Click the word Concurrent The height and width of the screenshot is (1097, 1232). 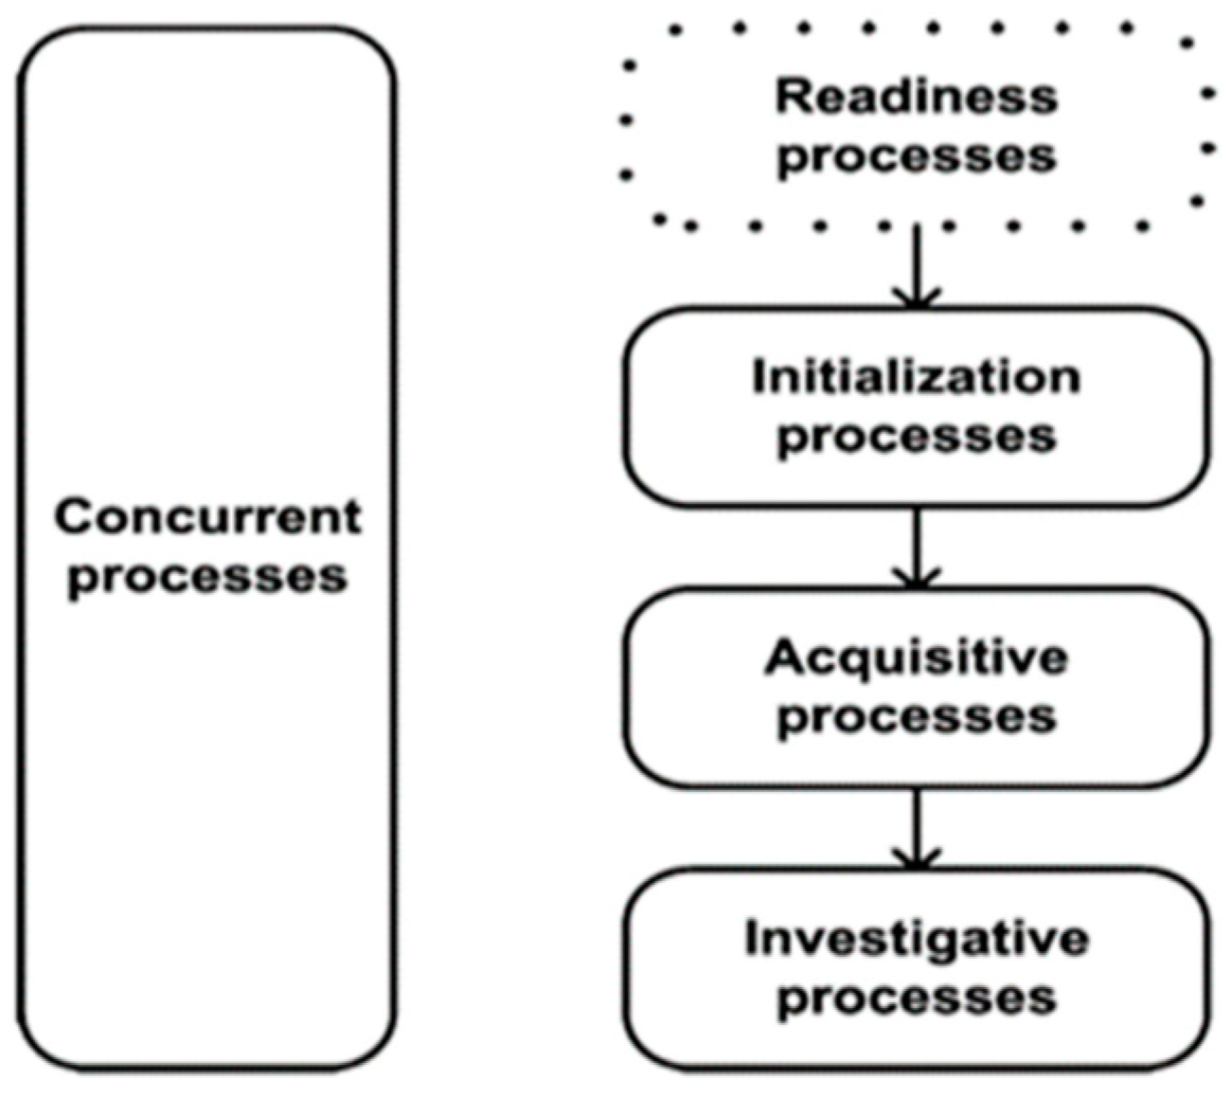[x=207, y=517]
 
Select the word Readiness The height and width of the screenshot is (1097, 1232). [x=916, y=97]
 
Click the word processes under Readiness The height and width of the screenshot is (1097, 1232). [x=916, y=156]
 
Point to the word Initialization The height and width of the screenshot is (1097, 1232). [x=916, y=377]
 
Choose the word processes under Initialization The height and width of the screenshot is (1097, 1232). [x=916, y=437]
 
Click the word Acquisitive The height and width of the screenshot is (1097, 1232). [x=916, y=657]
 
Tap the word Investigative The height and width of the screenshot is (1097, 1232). [x=916, y=939]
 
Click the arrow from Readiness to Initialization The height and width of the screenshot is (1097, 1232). [x=916, y=265]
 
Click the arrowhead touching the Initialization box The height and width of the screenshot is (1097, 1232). [x=916, y=299]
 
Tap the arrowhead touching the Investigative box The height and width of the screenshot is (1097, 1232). [x=916, y=860]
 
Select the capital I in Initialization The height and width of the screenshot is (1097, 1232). [x=758, y=377]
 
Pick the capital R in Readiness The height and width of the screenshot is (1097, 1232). [x=792, y=97]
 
